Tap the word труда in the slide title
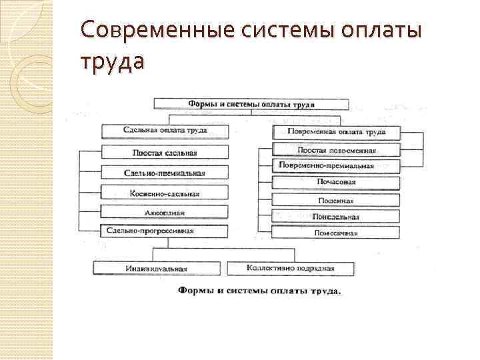click(111, 62)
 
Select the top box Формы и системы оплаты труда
click(251, 105)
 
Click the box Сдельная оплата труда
click(165, 130)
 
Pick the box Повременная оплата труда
click(337, 132)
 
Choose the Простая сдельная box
click(165, 152)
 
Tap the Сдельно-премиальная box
click(165, 173)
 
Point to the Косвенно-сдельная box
click(165, 193)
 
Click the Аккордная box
click(165, 213)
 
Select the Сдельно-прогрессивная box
click(165, 231)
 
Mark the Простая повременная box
click(337, 150)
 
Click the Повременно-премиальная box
click(337, 166)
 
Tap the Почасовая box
click(337, 182)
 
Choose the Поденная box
click(337, 199)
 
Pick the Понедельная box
click(337, 217)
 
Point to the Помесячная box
click(337, 233)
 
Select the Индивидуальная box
click(156, 269)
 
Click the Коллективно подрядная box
click(291, 268)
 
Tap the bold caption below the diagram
click(259, 291)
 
